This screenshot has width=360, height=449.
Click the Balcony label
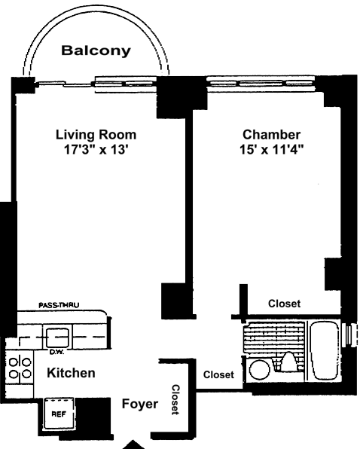pos(96,51)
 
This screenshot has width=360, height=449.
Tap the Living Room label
pos(96,135)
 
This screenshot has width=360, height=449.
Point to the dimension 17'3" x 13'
pos(96,149)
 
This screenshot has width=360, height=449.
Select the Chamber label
pos(271,135)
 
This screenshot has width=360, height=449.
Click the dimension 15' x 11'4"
pos(271,149)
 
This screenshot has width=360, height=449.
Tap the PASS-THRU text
pos(59,305)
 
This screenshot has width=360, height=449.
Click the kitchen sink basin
pos(57,337)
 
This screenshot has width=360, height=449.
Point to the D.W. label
pos(56,352)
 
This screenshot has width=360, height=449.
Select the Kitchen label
pos(71,373)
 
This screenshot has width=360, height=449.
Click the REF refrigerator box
pos(59,414)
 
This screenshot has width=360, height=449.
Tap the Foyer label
pos(140,404)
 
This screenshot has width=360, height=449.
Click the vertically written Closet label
pos(175,399)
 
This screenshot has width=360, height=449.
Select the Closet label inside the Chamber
pos(284,304)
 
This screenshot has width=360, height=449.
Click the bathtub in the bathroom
pos(325,351)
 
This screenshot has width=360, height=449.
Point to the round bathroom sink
pos(259,370)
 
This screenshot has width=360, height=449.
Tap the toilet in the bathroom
pos(288,362)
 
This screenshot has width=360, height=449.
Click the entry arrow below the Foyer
pos(133,444)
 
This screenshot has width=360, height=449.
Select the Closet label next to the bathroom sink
pos(218,374)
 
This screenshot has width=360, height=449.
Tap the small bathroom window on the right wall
pos(350,334)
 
